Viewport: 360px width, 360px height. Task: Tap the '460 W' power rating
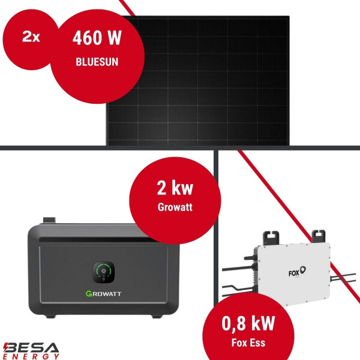click(97, 38)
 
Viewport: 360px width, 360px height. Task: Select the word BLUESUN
click(97, 61)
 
